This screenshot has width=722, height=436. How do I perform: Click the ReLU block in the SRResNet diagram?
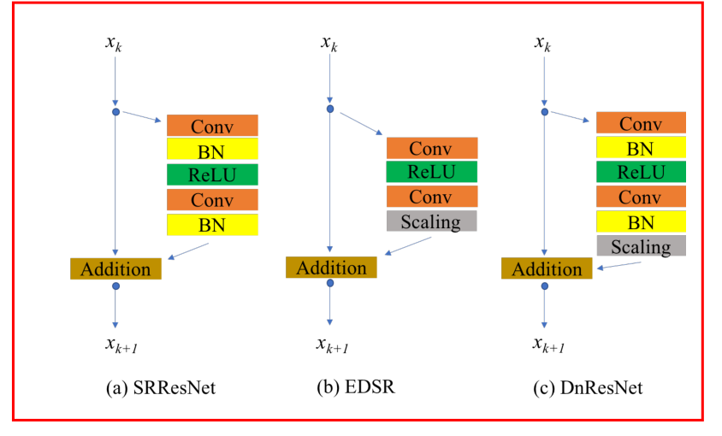(x=212, y=175)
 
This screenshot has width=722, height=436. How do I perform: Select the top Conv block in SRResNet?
(x=212, y=126)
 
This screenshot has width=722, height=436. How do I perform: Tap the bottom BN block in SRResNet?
(x=212, y=225)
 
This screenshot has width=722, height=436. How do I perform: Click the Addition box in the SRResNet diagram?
(x=115, y=268)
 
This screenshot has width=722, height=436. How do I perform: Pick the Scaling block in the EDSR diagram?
(x=431, y=221)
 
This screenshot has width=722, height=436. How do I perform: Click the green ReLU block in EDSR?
(x=431, y=172)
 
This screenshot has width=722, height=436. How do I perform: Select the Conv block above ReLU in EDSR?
(x=431, y=148)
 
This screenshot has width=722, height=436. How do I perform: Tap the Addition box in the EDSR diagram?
(x=330, y=267)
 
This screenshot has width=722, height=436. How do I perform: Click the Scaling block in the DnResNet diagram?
(x=641, y=247)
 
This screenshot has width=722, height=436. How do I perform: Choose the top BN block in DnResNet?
(x=641, y=149)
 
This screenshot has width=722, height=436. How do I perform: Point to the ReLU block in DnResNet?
(x=641, y=174)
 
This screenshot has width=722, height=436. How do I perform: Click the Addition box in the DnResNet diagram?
(x=546, y=268)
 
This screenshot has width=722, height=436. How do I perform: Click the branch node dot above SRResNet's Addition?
(x=115, y=111)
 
